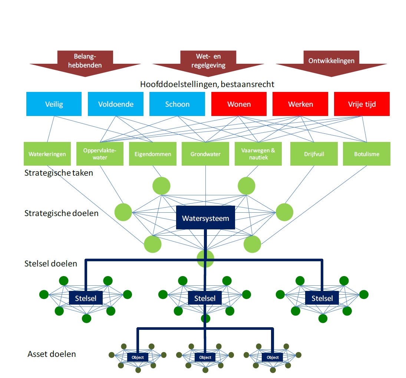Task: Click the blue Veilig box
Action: [54, 104]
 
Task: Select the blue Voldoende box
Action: [115, 104]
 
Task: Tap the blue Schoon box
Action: [177, 104]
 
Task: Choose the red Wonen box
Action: [239, 104]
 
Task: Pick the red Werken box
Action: [300, 104]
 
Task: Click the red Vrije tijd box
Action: [362, 104]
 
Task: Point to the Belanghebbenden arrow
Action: [85, 63]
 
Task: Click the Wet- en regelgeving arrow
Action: [208, 63]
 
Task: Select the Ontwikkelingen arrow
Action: [331, 63]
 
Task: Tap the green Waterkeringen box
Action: [47, 154]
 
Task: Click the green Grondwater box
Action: [205, 154]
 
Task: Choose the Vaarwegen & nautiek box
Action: [258, 154]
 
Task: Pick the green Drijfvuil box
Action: [314, 154]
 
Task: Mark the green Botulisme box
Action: [366, 154]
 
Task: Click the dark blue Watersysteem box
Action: [205, 218]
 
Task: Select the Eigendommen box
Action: [153, 154]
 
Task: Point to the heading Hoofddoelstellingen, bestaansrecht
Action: [207, 84]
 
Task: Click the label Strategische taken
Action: [59, 173]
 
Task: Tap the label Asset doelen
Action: [52, 354]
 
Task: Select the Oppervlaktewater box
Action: [100, 154]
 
